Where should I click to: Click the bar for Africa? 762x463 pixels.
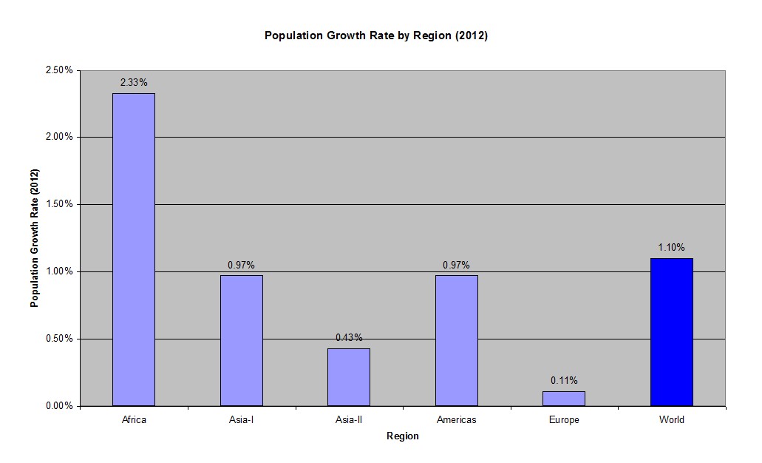coord(134,249)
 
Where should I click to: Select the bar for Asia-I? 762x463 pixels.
coord(241,340)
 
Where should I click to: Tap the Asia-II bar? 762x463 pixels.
coord(349,376)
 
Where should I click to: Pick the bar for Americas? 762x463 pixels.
coord(456,340)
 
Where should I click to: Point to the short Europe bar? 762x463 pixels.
coord(564,399)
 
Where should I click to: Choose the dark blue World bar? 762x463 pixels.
coord(672,332)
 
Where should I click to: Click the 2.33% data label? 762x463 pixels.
coord(134,82)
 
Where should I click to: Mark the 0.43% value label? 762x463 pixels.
coord(349,337)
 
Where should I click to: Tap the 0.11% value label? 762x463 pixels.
coord(564,380)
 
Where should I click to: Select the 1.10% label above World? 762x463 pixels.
coord(672,247)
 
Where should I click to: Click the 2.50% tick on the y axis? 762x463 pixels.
coord(59,70)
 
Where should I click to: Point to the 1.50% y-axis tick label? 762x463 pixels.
coord(59,204)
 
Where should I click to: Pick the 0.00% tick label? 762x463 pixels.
coord(59,406)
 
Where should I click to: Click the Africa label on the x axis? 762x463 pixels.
coord(134,420)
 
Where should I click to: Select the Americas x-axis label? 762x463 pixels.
coord(456,420)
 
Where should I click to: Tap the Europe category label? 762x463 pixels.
coord(564,420)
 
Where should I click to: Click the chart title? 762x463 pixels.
coord(376,36)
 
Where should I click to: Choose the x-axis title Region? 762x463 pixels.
coord(403,436)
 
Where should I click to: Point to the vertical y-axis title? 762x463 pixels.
coord(34,238)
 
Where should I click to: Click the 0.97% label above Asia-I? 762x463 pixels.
coord(241,265)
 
